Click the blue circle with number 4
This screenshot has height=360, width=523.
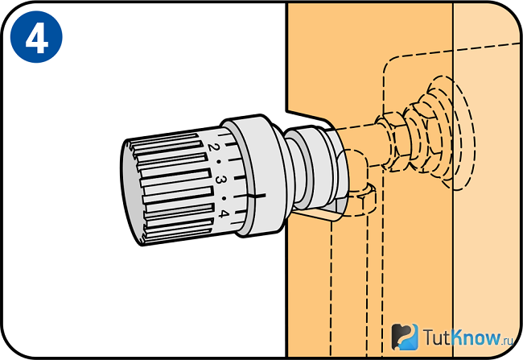tap(36, 37)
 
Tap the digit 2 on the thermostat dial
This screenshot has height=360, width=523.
tap(213, 147)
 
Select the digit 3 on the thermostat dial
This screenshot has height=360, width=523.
tap(220, 180)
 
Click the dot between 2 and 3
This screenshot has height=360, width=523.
tap(219, 162)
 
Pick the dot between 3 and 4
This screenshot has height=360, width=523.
tap(224, 198)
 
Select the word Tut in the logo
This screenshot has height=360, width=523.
tap(437, 337)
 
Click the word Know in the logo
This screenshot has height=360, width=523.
tap(476, 337)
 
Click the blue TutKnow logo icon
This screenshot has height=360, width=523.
tap(405, 337)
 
